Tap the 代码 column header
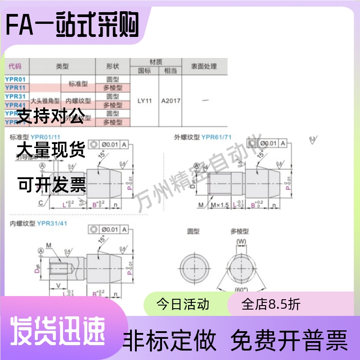coord(15,67)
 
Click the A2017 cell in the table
coord(171,101)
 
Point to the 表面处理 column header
coord(204,67)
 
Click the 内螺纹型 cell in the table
coord(78,101)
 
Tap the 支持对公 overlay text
coord(50,117)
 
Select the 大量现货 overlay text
coord(50,150)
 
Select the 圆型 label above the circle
coord(193,231)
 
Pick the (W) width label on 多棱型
coord(242,242)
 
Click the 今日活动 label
coord(183,305)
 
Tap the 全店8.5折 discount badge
coord(271,305)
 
